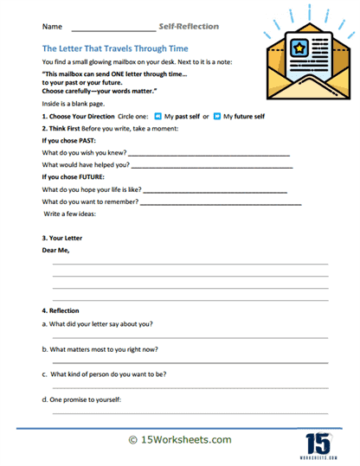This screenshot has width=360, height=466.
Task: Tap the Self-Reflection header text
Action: point(189,27)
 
